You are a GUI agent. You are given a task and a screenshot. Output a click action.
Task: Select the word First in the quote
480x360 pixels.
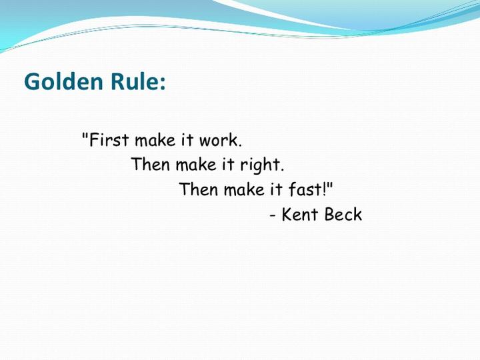[x=109, y=141]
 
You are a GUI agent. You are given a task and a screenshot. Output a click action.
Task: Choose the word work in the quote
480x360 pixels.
[x=221, y=141]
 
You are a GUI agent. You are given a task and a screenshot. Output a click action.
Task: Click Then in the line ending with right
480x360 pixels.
[x=151, y=165]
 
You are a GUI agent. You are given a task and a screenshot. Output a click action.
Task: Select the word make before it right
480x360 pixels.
[x=197, y=165]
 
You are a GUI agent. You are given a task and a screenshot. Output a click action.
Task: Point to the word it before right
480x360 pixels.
[x=232, y=165]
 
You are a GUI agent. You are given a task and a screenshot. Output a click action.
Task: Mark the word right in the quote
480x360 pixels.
[x=263, y=166]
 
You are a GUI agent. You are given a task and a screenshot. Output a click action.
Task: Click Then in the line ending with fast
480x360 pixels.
[x=199, y=189]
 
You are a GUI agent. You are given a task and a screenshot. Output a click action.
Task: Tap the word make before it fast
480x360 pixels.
[x=245, y=189]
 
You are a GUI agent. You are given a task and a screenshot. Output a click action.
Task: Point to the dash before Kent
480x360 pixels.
[x=273, y=216]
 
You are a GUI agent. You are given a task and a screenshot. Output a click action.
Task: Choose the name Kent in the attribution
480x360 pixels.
[x=299, y=215]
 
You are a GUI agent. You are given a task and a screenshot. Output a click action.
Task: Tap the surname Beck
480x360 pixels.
[x=343, y=215]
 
